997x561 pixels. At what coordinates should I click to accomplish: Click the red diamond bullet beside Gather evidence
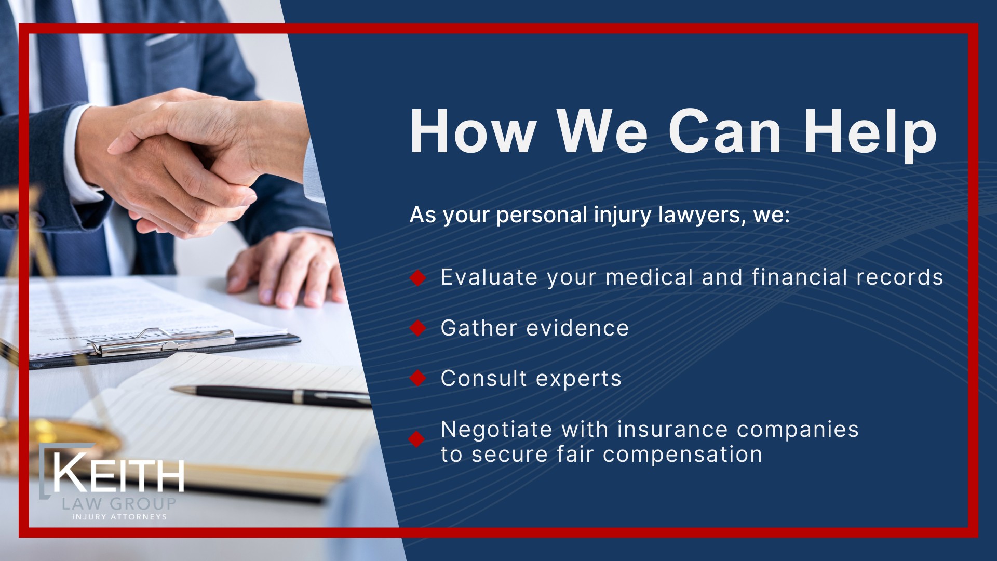[x=417, y=328]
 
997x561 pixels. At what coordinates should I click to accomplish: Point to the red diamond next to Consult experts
[x=417, y=378]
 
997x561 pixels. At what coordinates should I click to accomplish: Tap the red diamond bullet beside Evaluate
[x=417, y=278]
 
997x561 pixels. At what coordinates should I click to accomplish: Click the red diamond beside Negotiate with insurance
[x=416, y=439]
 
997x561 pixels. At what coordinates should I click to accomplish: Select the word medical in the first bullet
[x=649, y=277]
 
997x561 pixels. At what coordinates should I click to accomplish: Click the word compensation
[x=682, y=455]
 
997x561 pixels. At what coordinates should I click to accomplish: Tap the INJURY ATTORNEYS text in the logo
[x=119, y=517]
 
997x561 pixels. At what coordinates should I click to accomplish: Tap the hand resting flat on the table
[x=286, y=270]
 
